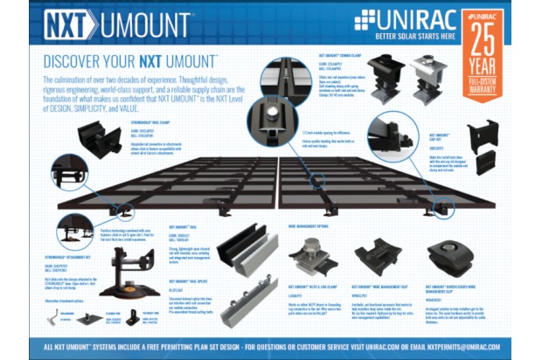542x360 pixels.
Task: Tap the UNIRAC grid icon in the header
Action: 365,20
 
